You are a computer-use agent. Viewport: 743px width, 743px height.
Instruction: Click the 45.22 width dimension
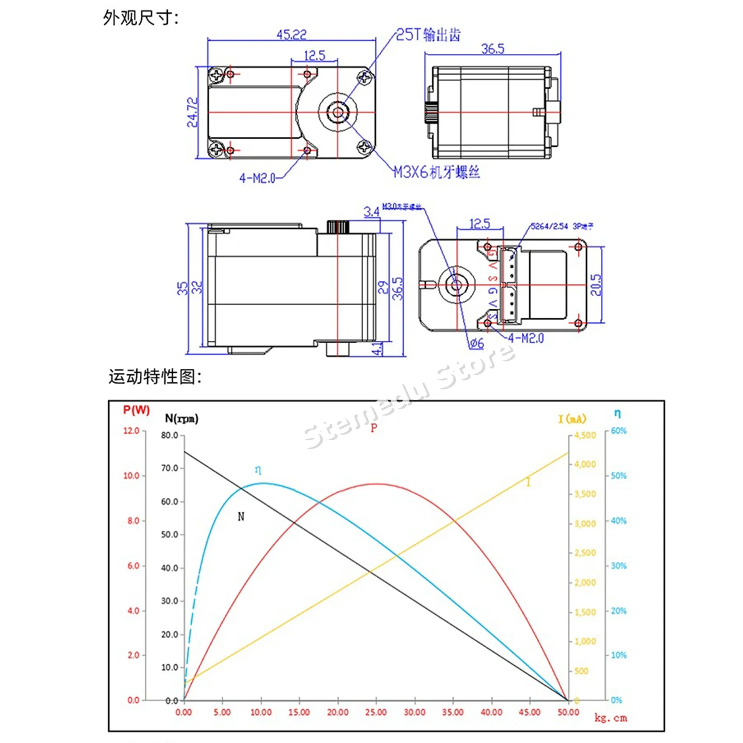click(291, 35)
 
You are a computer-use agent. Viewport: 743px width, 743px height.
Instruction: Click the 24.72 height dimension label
click(192, 112)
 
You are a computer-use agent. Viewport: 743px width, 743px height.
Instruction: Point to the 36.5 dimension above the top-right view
click(493, 49)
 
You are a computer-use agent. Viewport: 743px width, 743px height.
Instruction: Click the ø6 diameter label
click(476, 344)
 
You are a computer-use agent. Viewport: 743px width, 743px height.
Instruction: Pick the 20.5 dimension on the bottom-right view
click(596, 285)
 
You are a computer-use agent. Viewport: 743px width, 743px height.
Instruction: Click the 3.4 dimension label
click(371, 212)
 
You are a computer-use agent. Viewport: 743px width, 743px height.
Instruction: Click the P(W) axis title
click(136, 410)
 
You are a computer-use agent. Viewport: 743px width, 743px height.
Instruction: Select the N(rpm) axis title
click(182, 418)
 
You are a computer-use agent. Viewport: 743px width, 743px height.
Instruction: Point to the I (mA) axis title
click(572, 419)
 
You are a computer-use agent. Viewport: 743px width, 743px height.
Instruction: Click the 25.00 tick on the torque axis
click(376, 712)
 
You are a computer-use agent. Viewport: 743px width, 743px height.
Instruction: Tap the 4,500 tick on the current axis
click(585, 435)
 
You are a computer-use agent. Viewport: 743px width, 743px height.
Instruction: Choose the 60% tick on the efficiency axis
click(619, 430)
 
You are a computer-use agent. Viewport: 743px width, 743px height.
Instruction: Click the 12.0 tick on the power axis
click(131, 430)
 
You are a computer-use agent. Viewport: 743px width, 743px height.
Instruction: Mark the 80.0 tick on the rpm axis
click(169, 435)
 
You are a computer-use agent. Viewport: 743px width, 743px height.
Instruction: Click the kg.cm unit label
click(611, 718)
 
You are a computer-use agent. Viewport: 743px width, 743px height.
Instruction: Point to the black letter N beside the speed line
click(241, 516)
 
